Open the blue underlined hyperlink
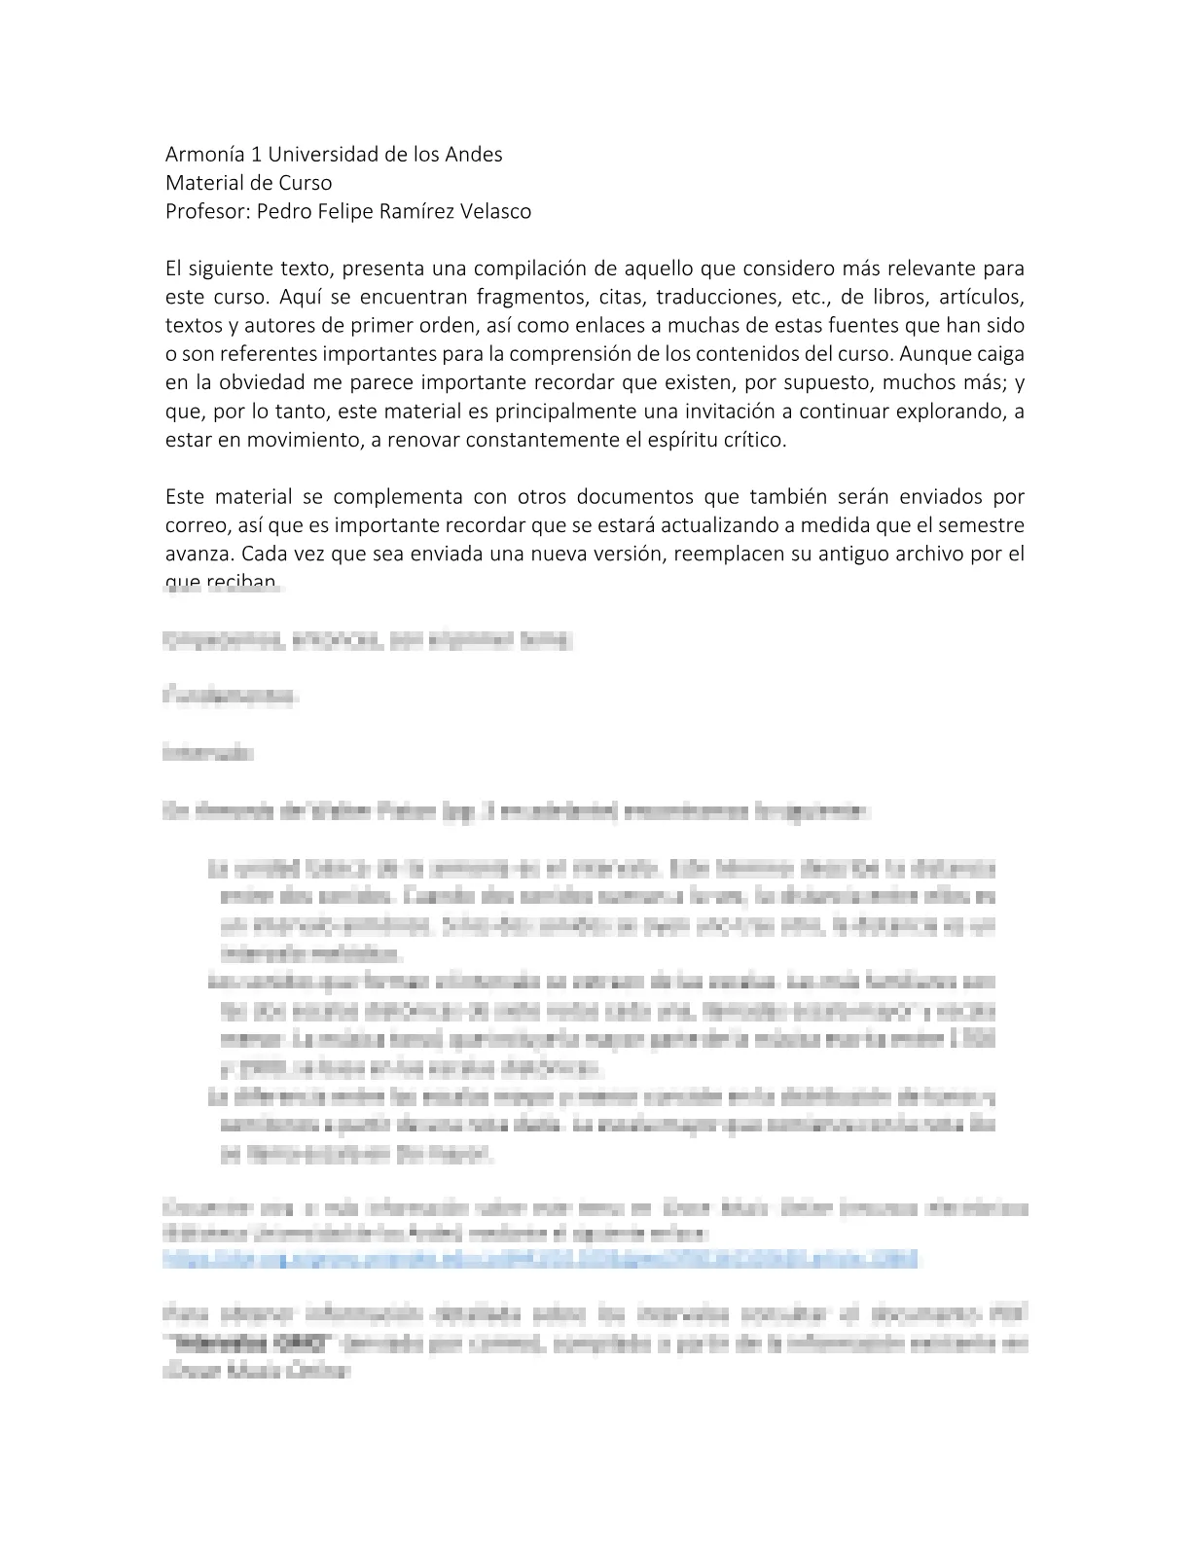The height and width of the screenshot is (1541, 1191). tap(540, 1260)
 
